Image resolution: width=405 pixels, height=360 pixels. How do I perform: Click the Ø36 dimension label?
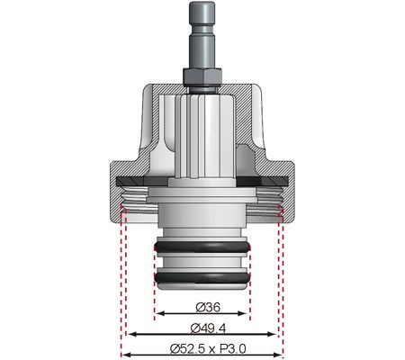[208, 307]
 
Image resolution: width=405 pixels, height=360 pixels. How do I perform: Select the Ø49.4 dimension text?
[208, 328]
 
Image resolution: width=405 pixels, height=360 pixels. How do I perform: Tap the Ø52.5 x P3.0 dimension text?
[208, 349]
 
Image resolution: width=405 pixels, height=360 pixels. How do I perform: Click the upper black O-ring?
[202, 247]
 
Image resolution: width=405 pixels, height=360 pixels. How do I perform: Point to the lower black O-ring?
[202, 277]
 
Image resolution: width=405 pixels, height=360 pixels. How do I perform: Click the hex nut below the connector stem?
[202, 76]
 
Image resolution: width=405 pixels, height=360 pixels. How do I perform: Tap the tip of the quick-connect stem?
[202, 3]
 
